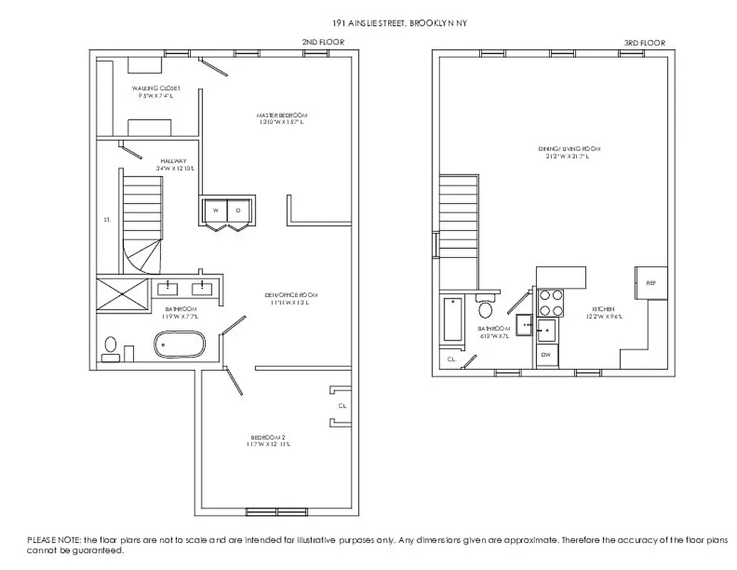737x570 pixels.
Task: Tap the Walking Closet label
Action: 150,91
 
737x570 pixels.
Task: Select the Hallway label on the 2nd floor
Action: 173,165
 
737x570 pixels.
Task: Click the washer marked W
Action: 214,210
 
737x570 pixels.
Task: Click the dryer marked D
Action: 239,210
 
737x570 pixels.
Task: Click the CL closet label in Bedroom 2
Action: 343,406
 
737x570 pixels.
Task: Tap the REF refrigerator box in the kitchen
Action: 651,283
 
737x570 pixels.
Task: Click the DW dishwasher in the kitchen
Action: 547,354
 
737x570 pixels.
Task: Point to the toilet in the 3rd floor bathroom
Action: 486,309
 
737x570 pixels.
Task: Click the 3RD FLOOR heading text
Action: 644,43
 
